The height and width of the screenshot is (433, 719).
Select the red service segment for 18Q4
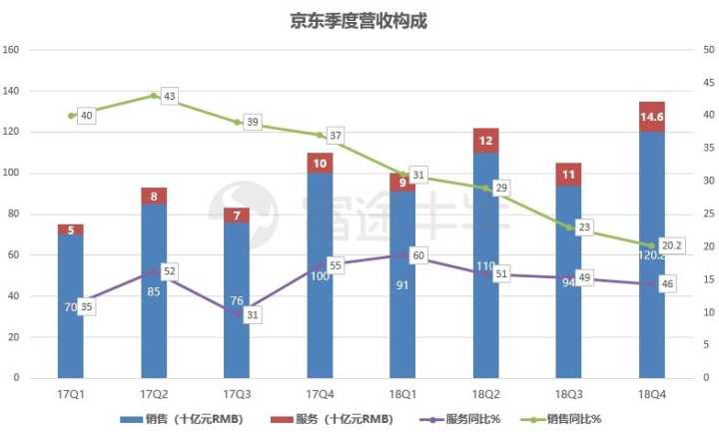(651, 117)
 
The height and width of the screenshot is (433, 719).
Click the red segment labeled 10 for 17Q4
(320, 164)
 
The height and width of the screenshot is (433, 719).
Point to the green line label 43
(169, 96)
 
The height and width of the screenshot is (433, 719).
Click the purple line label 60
(417, 255)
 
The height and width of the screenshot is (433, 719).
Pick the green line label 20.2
(672, 245)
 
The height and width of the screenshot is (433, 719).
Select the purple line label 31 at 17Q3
(252, 314)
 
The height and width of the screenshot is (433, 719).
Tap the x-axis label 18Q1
(402, 395)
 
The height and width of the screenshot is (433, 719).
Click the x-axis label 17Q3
(237, 395)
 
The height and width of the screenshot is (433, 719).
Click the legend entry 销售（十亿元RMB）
(180, 419)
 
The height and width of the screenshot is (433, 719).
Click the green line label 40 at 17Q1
(86, 116)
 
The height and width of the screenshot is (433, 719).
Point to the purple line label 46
(666, 284)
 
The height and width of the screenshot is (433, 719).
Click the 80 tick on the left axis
(14, 215)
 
